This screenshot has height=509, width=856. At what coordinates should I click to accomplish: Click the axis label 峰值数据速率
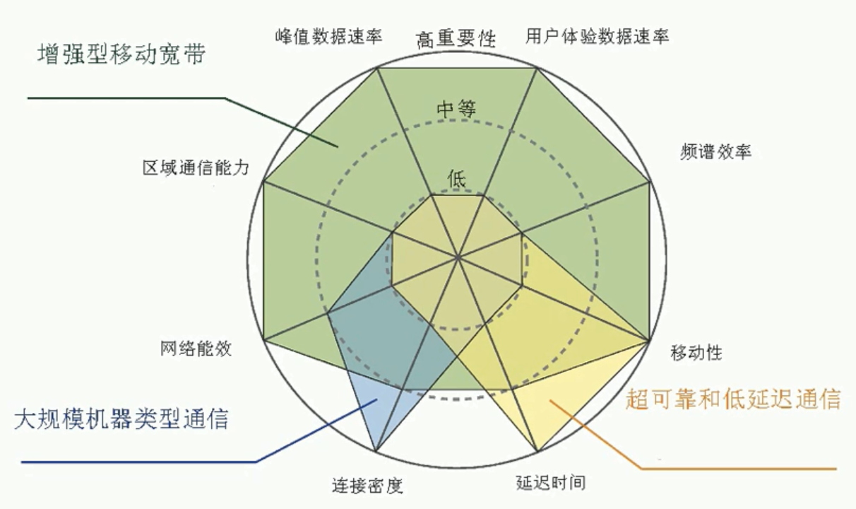(329, 37)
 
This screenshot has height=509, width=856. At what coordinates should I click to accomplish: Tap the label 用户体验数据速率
(597, 36)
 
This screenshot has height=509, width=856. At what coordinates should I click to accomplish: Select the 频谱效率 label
(715, 151)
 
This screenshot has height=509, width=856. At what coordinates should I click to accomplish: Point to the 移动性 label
(696, 351)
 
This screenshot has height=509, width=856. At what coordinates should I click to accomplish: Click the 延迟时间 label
(550, 483)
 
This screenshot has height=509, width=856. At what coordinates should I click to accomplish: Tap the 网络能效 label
(196, 349)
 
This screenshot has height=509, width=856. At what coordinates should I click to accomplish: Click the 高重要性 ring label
(456, 39)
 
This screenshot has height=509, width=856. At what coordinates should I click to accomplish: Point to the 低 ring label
(457, 179)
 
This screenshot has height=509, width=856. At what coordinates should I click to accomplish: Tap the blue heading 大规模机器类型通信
(121, 419)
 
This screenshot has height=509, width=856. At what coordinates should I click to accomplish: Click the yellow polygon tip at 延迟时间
(538, 451)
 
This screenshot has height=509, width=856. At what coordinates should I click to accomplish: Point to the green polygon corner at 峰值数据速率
(379, 69)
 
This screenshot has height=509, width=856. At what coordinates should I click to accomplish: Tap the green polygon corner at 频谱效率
(649, 182)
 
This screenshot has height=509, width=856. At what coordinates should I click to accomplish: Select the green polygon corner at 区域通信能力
(263, 182)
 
